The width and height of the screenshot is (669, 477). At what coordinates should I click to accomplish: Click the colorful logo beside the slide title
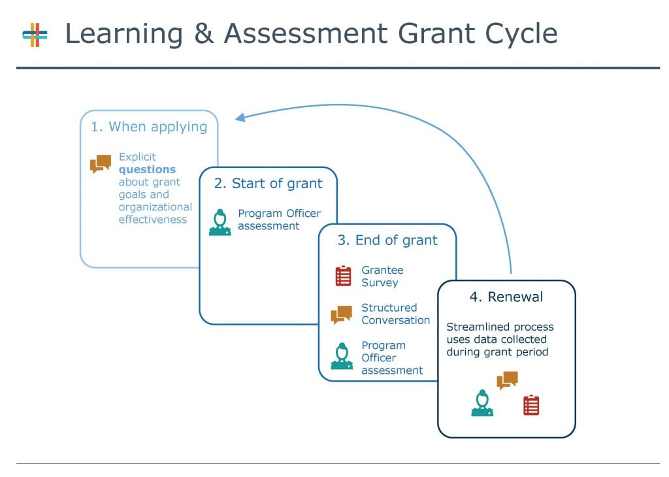[x=35, y=35]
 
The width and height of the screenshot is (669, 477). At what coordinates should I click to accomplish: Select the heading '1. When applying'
[x=149, y=127]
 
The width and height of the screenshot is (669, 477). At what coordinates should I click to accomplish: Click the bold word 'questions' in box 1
[x=147, y=169]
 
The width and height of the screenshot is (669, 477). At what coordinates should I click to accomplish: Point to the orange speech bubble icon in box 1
[x=101, y=164]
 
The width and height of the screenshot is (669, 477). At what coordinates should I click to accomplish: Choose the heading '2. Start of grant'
[x=269, y=184]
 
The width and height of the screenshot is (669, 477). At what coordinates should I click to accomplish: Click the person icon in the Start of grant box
[x=220, y=222]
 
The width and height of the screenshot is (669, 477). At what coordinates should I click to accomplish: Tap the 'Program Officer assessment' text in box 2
[x=279, y=220]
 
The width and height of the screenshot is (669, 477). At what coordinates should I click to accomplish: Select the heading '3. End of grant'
[x=387, y=240]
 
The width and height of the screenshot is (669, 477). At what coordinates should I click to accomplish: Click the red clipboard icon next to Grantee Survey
[x=343, y=276]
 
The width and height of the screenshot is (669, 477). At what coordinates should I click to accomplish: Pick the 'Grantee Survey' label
[x=382, y=276]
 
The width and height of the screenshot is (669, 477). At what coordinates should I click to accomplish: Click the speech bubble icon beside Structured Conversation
[x=342, y=315]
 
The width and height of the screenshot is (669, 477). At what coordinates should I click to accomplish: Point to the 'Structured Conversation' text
[x=395, y=314]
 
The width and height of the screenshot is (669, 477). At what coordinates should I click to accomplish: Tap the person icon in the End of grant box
[x=342, y=356]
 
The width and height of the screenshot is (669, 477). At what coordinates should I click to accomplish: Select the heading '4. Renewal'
[x=506, y=297]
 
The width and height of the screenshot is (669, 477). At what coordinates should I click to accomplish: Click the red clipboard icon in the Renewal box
[x=531, y=405]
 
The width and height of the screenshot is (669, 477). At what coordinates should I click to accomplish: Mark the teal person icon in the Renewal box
[x=482, y=403]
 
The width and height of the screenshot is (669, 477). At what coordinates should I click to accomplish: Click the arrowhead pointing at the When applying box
[x=240, y=118]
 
